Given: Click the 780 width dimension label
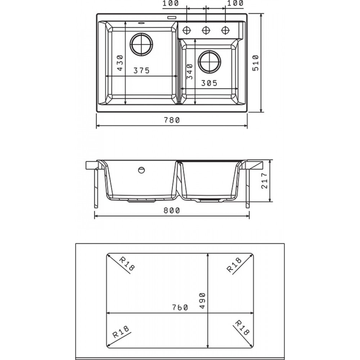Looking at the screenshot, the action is pyautogui.click(x=171, y=120).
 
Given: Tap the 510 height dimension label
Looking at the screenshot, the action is pyautogui.click(x=256, y=63).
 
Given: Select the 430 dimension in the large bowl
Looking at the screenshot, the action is pyautogui.click(x=120, y=63).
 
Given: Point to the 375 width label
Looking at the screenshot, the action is pyautogui.click(x=141, y=71).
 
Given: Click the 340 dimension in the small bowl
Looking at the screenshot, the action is pyautogui.click(x=190, y=71).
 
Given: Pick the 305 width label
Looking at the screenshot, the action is pyautogui.click(x=209, y=83).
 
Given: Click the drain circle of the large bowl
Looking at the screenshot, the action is pyautogui.click(x=141, y=45).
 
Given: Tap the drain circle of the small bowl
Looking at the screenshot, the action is pyautogui.click(x=210, y=62).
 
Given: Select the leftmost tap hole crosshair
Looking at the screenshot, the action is pyautogui.click(x=186, y=30).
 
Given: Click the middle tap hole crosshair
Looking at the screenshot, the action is pyautogui.click(x=206, y=30).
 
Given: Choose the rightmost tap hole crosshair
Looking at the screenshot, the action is pyautogui.click(x=225, y=30).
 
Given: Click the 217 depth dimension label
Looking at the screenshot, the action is pyautogui.click(x=264, y=181).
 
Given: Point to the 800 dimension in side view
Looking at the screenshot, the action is pyautogui.click(x=171, y=210).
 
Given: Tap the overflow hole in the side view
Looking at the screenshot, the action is pyautogui.click(x=141, y=170).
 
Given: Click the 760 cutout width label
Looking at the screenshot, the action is pyautogui.click(x=180, y=307).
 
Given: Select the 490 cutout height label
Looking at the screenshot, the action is pyautogui.click(x=202, y=301).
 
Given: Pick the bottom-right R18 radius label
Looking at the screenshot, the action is pyautogui.click(x=242, y=328).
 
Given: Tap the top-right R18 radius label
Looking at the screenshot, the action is pyautogui.click(x=234, y=265).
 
